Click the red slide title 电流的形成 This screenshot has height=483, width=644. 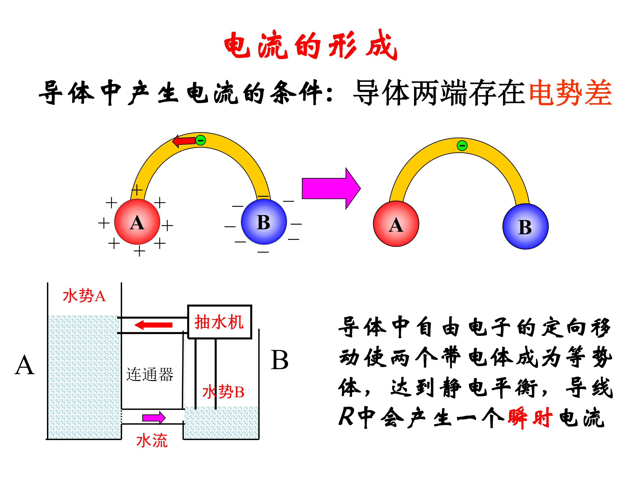311,45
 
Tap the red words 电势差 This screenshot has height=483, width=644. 570,93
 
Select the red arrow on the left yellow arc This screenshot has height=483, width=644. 184,141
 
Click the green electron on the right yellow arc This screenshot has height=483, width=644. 462,145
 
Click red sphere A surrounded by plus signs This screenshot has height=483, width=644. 137,222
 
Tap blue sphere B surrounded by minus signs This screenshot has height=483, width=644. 264,222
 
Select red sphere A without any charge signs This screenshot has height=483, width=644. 396,224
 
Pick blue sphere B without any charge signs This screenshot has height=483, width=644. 525,226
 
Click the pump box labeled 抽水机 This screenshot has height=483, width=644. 220,322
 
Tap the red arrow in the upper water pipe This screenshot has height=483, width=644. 153,325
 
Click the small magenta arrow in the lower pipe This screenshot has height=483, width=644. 154,418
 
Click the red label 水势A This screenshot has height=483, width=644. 84,296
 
